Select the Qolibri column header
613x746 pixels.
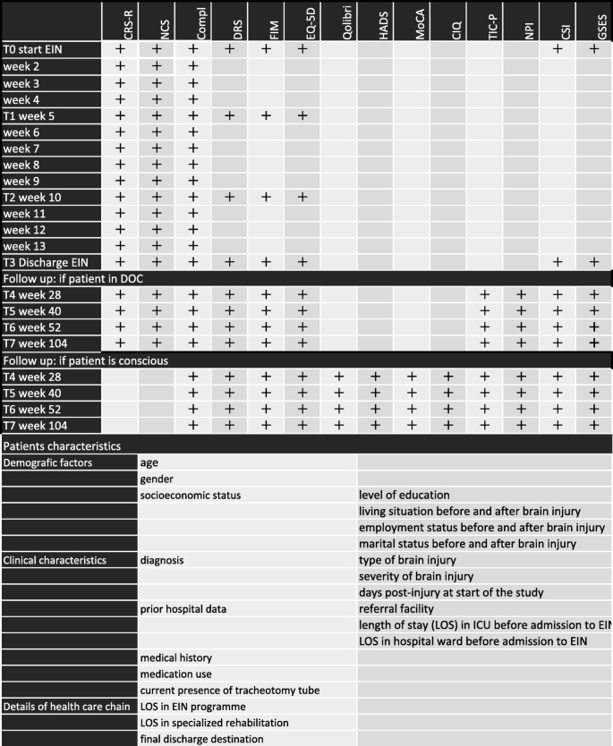point(339,21)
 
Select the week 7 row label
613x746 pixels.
point(21,148)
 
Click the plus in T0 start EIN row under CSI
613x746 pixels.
point(558,50)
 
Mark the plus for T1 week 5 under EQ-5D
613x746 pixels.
point(302,115)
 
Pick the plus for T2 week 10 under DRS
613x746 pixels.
point(229,197)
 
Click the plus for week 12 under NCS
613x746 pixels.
point(156,230)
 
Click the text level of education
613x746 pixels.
point(404,495)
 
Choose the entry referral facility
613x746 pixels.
point(396,608)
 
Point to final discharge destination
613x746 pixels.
point(202,738)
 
